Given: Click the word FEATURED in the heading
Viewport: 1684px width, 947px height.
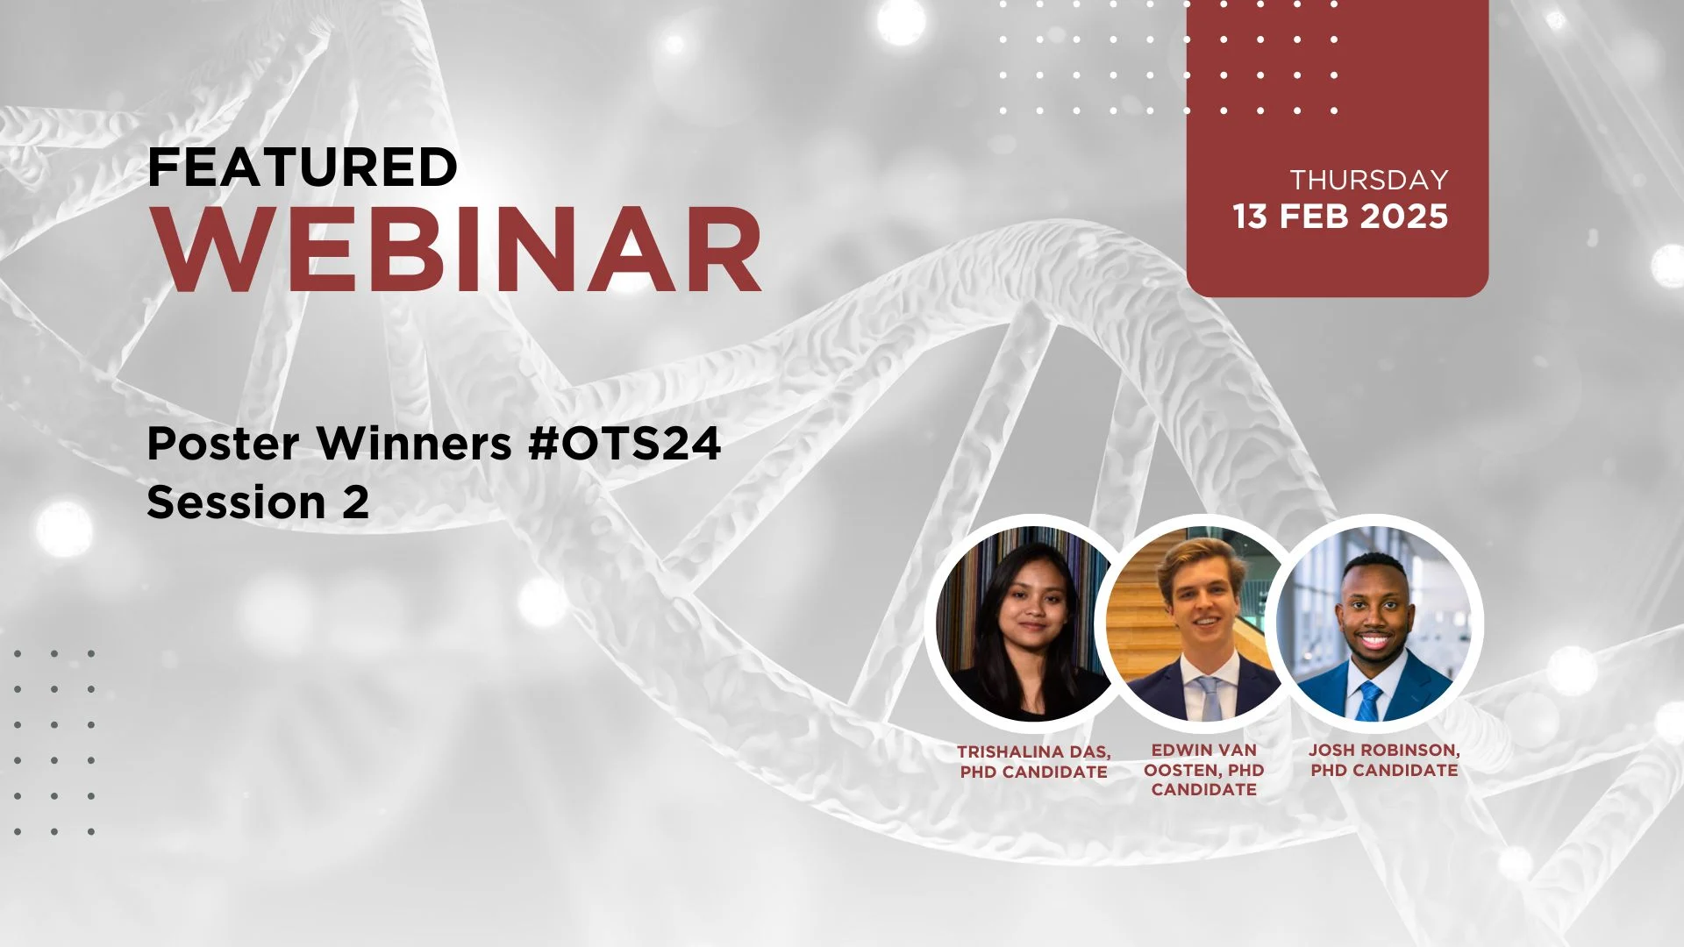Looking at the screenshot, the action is (x=303, y=167).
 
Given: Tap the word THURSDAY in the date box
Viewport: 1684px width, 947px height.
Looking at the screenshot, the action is (x=1368, y=180).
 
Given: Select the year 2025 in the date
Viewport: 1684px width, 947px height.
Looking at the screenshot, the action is (x=1404, y=217).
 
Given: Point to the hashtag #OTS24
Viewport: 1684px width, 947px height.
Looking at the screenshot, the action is (x=624, y=443).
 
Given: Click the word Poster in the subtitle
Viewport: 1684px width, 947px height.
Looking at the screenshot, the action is (x=223, y=443).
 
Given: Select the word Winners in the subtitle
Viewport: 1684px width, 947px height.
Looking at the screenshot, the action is (x=414, y=443).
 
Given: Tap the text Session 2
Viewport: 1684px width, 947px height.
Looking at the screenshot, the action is (x=258, y=502).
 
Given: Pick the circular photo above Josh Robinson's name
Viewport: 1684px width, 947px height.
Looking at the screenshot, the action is (x=1374, y=623).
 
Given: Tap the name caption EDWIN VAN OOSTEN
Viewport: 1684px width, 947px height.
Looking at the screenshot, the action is (x=1203, y=760).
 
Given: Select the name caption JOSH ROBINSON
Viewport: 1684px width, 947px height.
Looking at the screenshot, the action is (x=1382, y=751).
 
